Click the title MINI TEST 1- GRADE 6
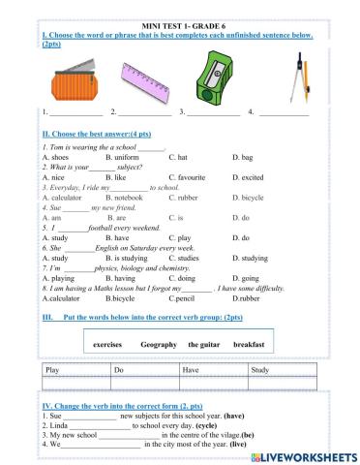pos(179,29)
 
